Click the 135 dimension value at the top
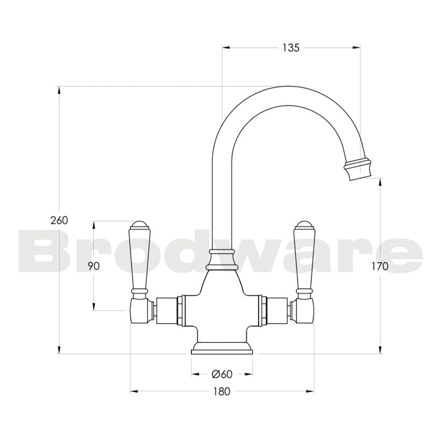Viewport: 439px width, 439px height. (x=291, y=48)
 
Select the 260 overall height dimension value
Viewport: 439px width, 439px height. (x=59, y=220)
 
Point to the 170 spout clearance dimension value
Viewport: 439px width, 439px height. (x=379, y=267)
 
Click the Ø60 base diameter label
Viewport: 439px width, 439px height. (x=222, y=374)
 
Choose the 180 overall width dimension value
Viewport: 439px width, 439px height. (x=222, y=391)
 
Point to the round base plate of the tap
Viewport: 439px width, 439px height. (x=222, y=348)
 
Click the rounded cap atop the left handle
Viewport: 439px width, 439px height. (x=139, y=225)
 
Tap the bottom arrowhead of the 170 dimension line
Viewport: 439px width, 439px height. (x=379, y=351)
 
